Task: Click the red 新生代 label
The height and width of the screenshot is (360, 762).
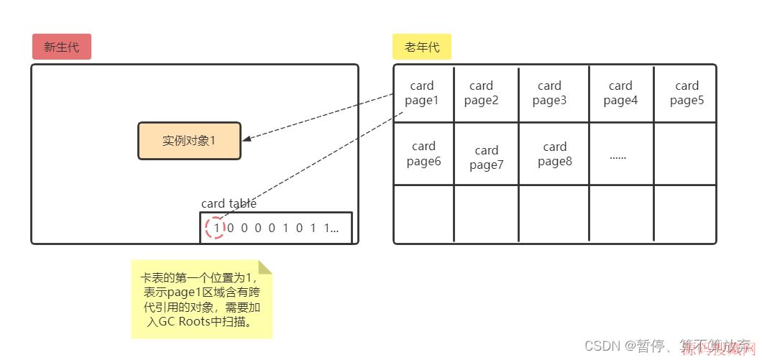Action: tap(61, 47)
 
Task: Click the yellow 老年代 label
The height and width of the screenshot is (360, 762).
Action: tap(421, 47)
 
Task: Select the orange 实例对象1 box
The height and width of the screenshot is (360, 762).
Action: tap(189, 141)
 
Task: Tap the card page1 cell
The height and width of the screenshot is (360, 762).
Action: tap(423, 93)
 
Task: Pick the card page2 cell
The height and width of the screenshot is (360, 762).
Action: tap(482, 93)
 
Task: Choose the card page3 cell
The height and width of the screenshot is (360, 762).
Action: tap(549, 93)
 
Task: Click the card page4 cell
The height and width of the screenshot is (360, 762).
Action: tap(620, 93)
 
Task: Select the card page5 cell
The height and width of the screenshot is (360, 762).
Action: tap(687, 93)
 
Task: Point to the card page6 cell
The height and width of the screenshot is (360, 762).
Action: tap(423, 154)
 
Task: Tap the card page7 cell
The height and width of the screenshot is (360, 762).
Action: tap(487, 157)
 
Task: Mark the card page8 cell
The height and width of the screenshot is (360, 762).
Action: tap(554, 154)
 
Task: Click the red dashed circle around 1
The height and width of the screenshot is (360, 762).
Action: tap(215, 229)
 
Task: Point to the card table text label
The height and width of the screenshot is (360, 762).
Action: tap(229, 203)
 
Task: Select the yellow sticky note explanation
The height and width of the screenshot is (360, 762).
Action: tap(202, 299)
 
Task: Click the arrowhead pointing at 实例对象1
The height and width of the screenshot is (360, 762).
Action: tap(246, 139)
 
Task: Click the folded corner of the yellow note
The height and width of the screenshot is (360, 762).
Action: tap(265, 268)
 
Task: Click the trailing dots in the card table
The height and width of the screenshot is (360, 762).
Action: tap(334, 229)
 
